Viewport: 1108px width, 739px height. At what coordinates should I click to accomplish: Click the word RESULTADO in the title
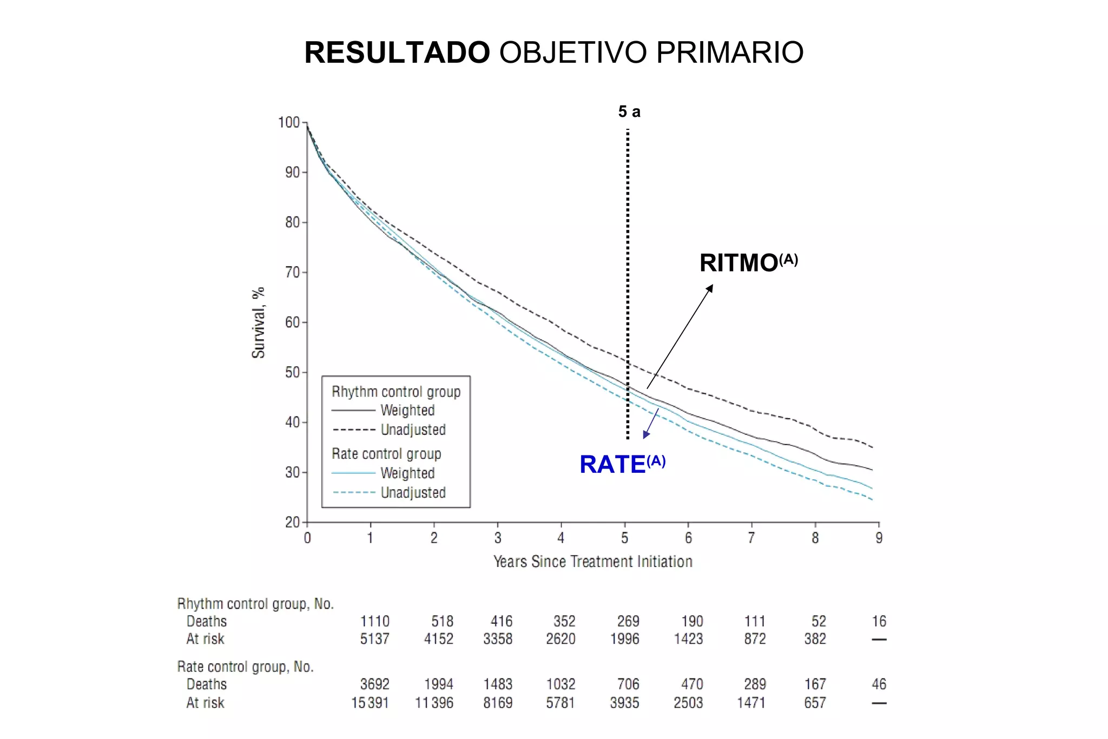tap(397, 52)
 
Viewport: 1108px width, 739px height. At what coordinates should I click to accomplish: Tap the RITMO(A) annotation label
tap(748, 263)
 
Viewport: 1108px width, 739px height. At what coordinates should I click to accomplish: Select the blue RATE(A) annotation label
tap(622, 464)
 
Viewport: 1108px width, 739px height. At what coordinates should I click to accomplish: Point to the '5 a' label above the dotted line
tap(629, 112)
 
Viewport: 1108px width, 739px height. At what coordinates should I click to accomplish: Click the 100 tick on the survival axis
tap(289, 122)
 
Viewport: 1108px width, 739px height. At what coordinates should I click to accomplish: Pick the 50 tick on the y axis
tap(292, 372)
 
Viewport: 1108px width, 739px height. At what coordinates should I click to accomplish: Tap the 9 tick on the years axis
tap(879, 538)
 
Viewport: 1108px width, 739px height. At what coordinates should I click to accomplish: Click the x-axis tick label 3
tap(498, 538)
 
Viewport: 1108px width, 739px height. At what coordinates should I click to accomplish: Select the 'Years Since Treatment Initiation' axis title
tap(593, 562)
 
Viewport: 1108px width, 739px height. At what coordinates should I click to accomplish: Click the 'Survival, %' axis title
tap(259, 322)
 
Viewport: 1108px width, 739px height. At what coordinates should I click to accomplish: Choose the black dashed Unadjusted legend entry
tap(390, 430)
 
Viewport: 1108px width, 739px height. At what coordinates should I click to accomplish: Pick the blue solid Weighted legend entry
tap(384, 473)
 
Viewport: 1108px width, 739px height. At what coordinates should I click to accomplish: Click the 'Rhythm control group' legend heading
tap(396, 392)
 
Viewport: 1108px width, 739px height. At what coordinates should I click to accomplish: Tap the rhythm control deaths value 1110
tap(375, 621)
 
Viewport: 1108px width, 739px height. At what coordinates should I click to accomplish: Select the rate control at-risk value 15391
tap(370, 703)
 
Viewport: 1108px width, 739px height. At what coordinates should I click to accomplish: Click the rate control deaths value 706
tap(628, 684)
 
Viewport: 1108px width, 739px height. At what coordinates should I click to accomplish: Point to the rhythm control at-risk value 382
tap(815, 639)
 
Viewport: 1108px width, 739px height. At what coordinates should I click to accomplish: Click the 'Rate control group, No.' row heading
tap(245, 667)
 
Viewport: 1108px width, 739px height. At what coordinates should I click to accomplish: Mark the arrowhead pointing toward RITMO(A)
tap(710, 288)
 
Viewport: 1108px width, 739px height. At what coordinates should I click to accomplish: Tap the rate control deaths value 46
tap(879, 684)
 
